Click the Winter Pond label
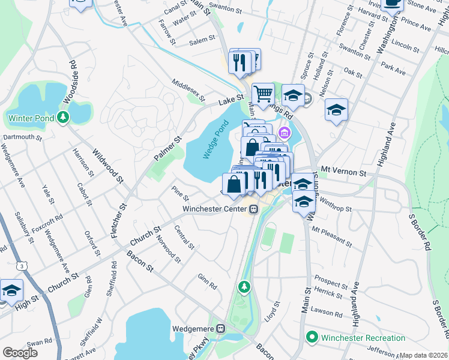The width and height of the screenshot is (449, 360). click(x=31, y=118)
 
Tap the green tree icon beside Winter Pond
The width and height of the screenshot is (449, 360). click(x=63, y=118)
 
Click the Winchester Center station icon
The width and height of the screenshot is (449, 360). click(x=254, y=209)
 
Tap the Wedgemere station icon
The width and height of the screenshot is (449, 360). click(x=220, y=328)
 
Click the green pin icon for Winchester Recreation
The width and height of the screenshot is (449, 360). click(x=312, y=338)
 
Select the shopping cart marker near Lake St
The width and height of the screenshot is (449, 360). click(x=263, y=94)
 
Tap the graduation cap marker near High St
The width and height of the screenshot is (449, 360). click(x=11, y=291)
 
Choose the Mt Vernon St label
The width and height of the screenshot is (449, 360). click(x=343, y=172)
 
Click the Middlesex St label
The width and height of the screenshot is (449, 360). click(x=188, y=90)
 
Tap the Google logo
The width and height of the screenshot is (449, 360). click(x=20, y=353)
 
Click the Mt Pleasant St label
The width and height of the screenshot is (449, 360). click(x=331, y=237)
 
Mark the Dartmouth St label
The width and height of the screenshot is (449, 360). click(x=22, y=137)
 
